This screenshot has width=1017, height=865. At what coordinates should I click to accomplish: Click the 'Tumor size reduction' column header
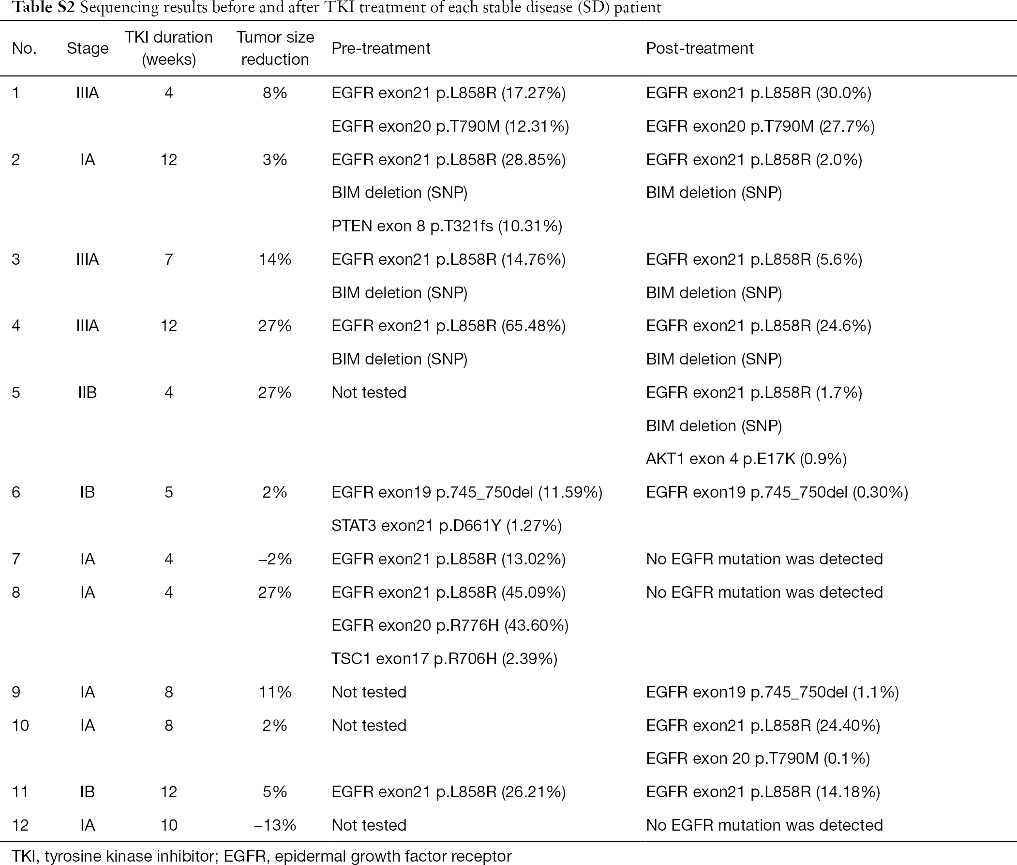[275, 48]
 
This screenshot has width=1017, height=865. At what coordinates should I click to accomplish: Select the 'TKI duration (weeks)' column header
[168, 48]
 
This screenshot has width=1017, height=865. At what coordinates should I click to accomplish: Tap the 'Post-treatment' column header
[700, 48]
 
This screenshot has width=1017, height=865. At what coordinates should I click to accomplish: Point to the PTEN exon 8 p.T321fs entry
[447, 226]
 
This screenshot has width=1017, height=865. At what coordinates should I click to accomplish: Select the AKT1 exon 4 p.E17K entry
[746, 459]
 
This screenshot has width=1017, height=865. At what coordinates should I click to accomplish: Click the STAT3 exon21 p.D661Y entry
[447, 526]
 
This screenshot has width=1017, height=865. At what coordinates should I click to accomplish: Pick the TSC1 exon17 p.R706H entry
[445, 659]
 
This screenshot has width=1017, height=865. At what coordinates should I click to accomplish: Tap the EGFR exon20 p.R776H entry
[450, 625]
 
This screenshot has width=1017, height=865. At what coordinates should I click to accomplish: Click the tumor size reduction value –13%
[275, 825]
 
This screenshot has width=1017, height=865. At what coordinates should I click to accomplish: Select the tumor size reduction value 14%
[275, 259]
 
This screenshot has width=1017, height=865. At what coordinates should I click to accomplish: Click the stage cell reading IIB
[87, 392]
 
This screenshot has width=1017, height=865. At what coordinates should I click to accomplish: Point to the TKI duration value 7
[168, 259]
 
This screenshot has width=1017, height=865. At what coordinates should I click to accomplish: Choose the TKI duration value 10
[168, 825]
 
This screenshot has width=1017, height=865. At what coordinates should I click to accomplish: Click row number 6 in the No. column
[16, 492]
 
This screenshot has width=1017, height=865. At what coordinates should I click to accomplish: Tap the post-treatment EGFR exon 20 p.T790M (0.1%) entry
[758, 759]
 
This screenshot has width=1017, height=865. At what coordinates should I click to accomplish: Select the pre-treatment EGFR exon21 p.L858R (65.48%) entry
[449, 326]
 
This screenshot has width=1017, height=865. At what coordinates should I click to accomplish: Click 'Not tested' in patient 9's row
[369, 692]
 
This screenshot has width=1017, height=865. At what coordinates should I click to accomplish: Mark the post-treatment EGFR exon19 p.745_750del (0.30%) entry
[777, 492]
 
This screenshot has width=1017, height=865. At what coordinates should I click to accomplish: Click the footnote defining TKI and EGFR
[262, 856]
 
